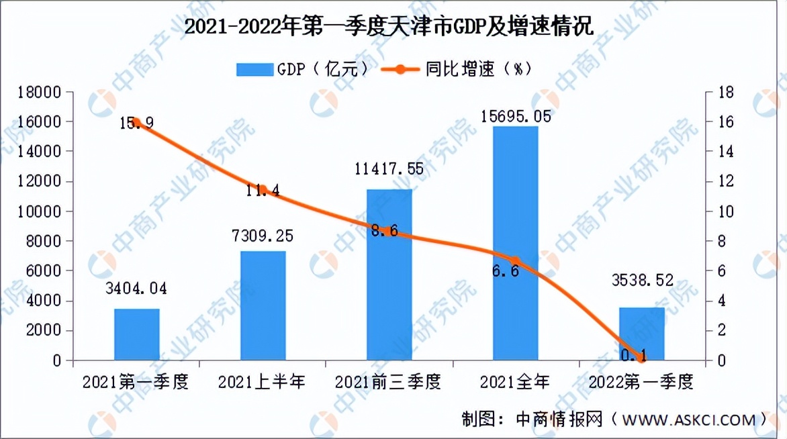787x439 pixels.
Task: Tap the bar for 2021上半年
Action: (x=263, y=306)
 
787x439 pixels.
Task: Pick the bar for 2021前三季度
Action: (x=389, y=275)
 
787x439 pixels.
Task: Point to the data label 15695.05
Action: (x=516, y=116)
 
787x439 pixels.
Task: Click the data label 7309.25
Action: (x=263, y=236)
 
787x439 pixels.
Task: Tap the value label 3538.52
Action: (x=641, y=280)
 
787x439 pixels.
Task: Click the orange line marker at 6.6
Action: (x=515, y=261)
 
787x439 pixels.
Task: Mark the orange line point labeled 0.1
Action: (x=641, y=358)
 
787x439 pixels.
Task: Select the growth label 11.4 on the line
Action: (x=263, y=190)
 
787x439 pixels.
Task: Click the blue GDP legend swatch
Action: (x=253, y=69)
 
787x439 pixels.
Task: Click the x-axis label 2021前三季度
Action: (x=389, y=383)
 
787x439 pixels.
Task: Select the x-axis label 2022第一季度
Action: (x=641, y=383)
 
